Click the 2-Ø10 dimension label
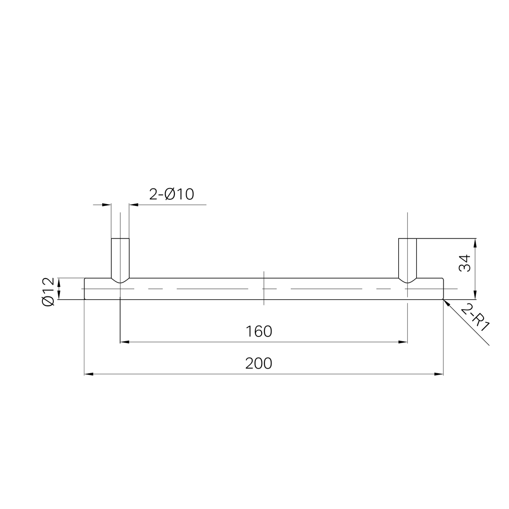coord(172,194)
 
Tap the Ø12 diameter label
coord(48,292)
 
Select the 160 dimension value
coord(259,331)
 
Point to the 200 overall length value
coord(259,363)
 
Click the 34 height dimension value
coord(465,263)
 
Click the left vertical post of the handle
coord(121,258)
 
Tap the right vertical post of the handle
coord(407,258)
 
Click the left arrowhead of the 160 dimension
coord(124,342)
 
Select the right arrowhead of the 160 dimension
coord(403,342)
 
